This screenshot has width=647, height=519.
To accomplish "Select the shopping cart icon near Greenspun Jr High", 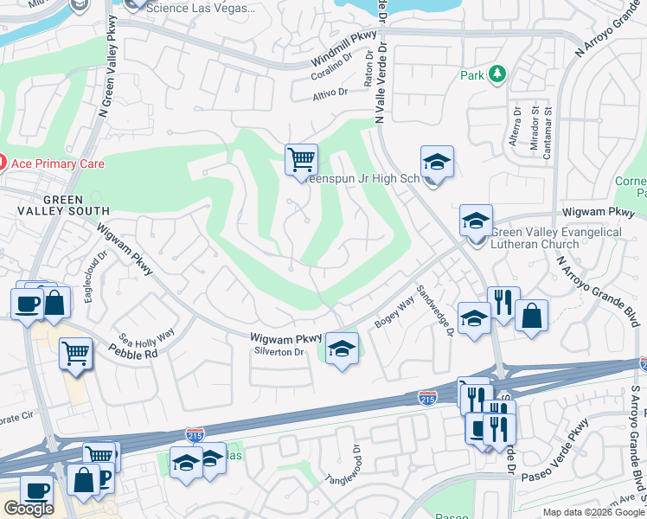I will point(301,159).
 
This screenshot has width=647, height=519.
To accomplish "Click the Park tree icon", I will point(497,75).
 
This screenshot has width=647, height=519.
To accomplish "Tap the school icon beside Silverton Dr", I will point(343,349).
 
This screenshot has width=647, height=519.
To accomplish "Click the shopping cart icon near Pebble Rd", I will point(76,353).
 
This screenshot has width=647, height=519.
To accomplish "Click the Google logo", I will point(29,509).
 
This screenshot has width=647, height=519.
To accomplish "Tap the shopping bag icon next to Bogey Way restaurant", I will point(531,316).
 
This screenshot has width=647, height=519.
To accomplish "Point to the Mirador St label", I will point(535,125).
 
